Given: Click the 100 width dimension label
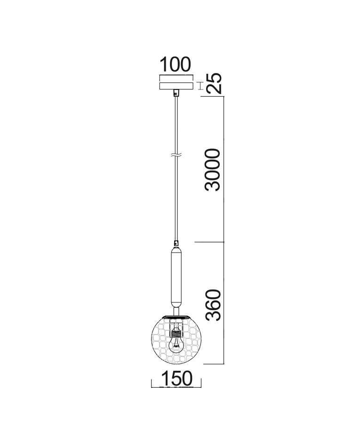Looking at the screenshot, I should [176, 65].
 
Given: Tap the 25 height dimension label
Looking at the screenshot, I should [215, 84].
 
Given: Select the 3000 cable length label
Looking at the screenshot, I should [213, 170].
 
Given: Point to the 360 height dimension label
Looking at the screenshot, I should [213, 305].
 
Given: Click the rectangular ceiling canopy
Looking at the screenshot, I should [176, 85].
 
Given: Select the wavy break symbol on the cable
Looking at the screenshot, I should [176, 155].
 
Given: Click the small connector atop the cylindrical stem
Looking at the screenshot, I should [176, 245].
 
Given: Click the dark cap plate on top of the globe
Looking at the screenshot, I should [176, 316].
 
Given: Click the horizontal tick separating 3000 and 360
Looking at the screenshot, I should [209, 243].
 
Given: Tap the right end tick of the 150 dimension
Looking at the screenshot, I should [201, 383].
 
